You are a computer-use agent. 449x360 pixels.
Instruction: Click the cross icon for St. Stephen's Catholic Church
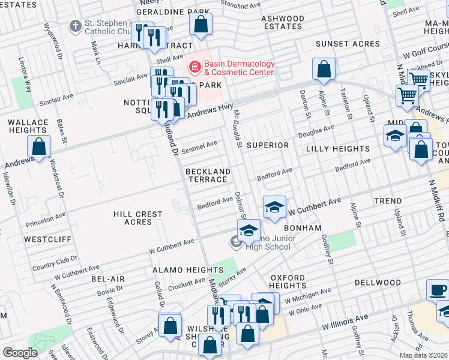tap(75, 26)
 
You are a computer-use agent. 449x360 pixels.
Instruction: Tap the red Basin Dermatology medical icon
tap(194, 68)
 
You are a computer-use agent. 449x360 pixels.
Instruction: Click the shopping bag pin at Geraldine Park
tap(201, 24)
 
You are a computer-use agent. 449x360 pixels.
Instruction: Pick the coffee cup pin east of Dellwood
tap(438, 290)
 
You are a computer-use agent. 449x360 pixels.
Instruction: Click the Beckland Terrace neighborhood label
tap(208, 176)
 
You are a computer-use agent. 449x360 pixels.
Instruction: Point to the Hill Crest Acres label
tap(137, 218)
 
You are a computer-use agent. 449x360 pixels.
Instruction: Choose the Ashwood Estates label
tap(282, 22)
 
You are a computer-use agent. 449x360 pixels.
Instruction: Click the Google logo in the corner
tap(20, 353)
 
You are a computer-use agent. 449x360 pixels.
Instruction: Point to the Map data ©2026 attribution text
tap(423, 355)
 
